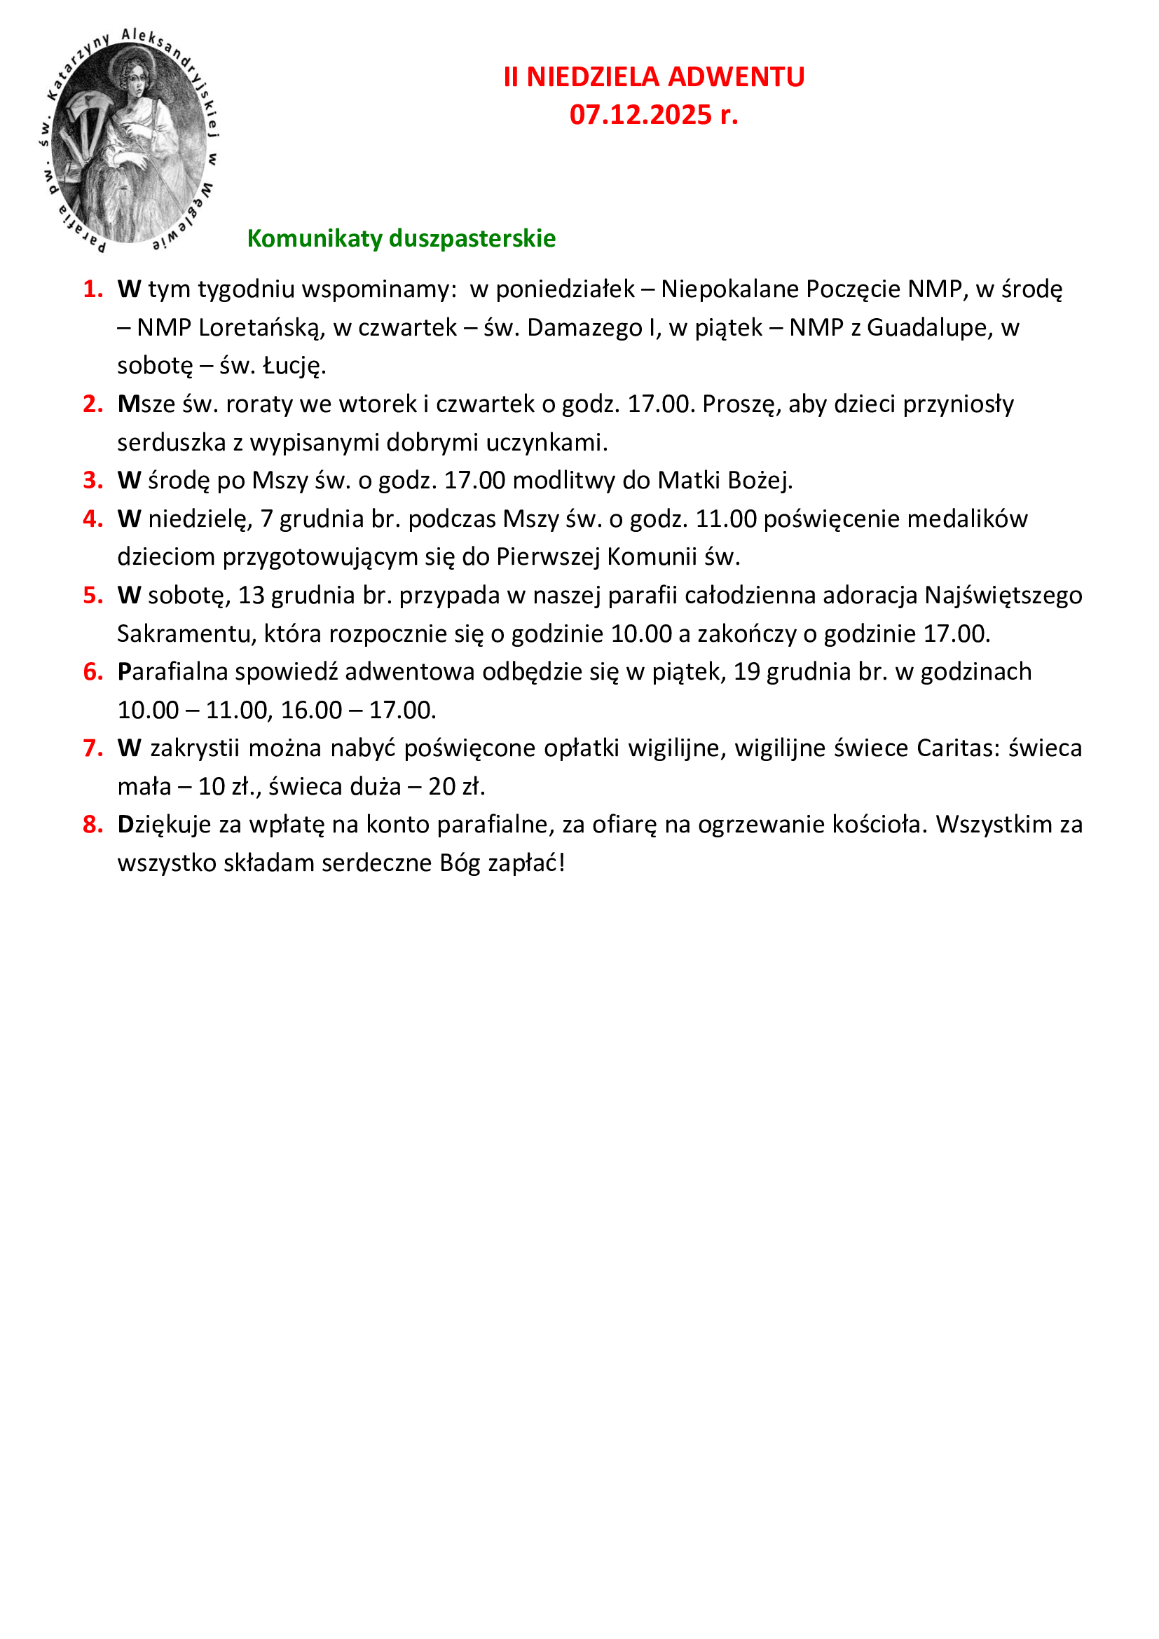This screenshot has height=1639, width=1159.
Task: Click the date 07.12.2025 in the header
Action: [x=640, y=115]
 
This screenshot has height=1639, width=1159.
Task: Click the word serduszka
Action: [x=171, y=443]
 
